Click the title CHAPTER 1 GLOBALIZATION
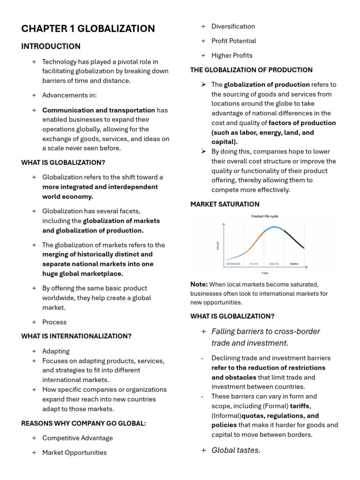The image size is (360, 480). [88, 29]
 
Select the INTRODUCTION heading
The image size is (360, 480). [51, 46]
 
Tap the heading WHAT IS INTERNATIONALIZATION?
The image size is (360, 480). [76, 336]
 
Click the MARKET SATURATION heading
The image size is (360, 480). [225, 204]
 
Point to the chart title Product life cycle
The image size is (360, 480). [265, 217]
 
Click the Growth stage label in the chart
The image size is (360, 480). [254, 264]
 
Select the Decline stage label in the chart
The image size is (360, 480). [294, 264]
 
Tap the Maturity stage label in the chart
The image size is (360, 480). [274, 264]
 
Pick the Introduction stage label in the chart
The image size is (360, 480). [233, 264]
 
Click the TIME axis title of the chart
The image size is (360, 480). [265, 273]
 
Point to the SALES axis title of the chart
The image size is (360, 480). [218, 245]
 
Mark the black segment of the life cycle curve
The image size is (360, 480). [294, 239]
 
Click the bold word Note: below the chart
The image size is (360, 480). [199, 284]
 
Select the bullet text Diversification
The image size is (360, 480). [233, 27]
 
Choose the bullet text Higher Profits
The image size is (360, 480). [232, 55]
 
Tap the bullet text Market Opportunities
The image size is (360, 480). [74, 452]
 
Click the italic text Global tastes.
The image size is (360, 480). [236, 450]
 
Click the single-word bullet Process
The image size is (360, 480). [54, 322]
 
